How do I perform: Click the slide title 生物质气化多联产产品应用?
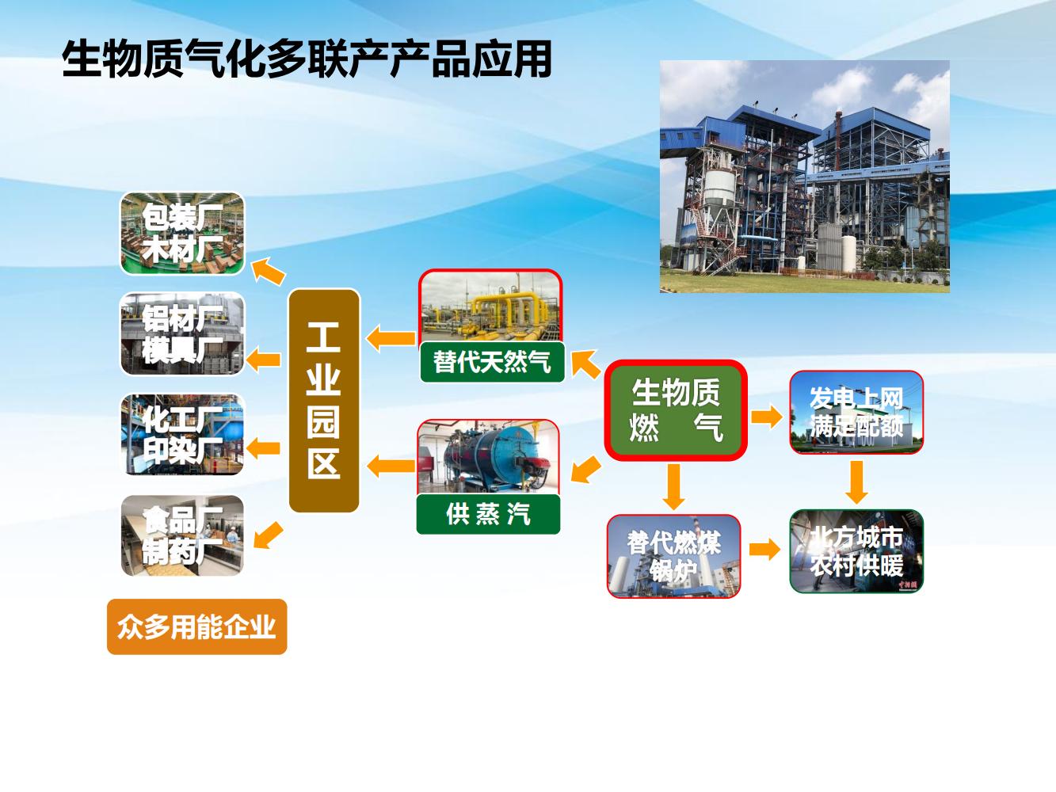click(307, 59)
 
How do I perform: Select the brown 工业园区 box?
click(324, 400)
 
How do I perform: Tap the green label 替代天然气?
click(492, 362)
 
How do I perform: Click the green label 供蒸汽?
click(488, 514)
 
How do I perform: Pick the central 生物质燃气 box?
click(676, 409)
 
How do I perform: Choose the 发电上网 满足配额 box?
click(856, 412)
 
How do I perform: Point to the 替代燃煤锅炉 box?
click(673, 556)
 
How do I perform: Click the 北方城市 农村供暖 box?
click(856, 551)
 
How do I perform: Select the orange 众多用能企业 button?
click(196, 626)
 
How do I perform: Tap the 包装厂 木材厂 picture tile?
click(182, 233)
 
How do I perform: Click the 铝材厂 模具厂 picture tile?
click(182, 333)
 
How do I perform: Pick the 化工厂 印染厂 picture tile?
click(182, 434)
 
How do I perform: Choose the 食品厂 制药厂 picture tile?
click(182, 535)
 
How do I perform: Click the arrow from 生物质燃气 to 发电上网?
click(767, 417)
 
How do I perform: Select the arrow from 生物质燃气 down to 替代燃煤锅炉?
click(674, 486)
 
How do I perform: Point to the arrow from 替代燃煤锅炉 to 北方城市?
click(765, 549)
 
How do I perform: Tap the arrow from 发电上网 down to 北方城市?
click(856, 482)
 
